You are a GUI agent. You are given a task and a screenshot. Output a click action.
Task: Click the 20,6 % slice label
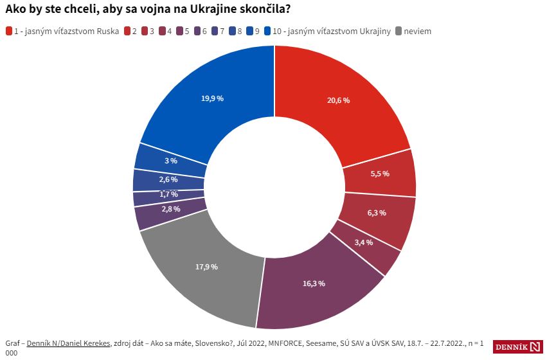(x=338, y=100)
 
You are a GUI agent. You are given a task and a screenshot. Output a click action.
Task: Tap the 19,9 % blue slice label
(x=212, y=98)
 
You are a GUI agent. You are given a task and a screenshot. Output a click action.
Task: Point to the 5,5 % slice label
(x=380, y=174)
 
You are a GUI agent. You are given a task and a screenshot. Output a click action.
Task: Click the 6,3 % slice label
(x=377, y=213)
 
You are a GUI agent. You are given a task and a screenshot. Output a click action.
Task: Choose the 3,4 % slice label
(x=364, y=242)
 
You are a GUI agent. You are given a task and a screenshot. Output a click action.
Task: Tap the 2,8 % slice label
(x=171, y=209)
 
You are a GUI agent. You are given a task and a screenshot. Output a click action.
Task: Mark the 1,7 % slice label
(x=169, y=194)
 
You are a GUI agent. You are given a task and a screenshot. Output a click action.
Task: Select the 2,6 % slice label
(x=168, y=179)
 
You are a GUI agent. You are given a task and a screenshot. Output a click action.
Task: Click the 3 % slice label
(x=171, y=161)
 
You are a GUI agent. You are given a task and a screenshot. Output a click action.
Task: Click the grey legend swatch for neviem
(x=399, y=32)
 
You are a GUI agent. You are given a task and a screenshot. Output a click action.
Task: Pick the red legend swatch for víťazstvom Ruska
(x=9, y=32)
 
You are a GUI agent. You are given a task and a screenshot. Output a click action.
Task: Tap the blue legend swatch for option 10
(x=267, y=32)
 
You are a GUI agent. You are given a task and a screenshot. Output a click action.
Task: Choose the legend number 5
(x=187, y=32)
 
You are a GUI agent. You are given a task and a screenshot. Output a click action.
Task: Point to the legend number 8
(x=240, y=32)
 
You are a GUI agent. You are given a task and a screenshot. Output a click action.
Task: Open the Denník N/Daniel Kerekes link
(x=68, y=343)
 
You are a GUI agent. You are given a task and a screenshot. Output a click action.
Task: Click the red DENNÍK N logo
(x=518, y=346)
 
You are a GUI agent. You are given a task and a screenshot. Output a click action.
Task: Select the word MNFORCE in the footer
(x=285, y=343)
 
